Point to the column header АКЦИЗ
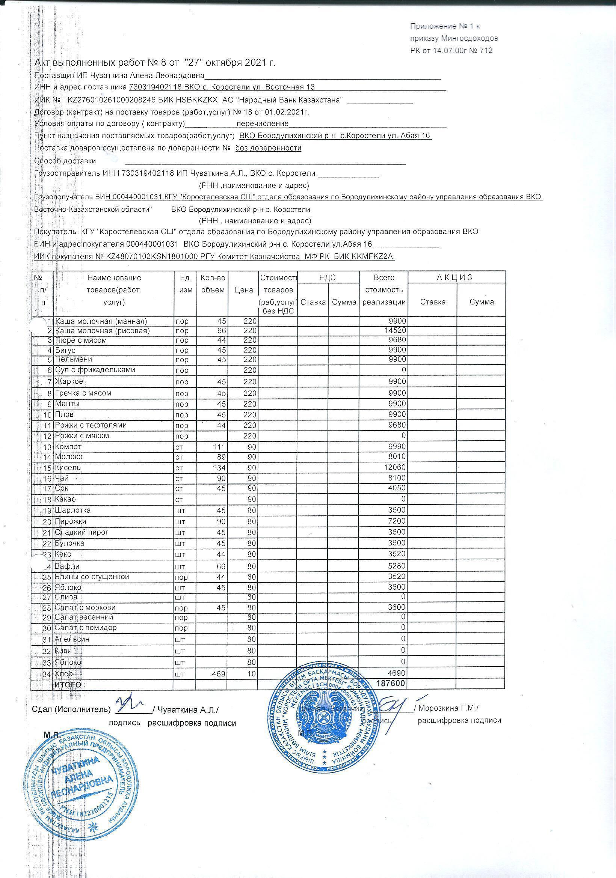(x=456, y=277)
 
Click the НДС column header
(x=328, y=278)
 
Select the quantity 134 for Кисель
(x=220, y=468)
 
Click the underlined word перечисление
(x=263, y=123)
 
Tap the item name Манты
(x=67, y=404)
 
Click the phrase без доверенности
(x=268, y=148)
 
